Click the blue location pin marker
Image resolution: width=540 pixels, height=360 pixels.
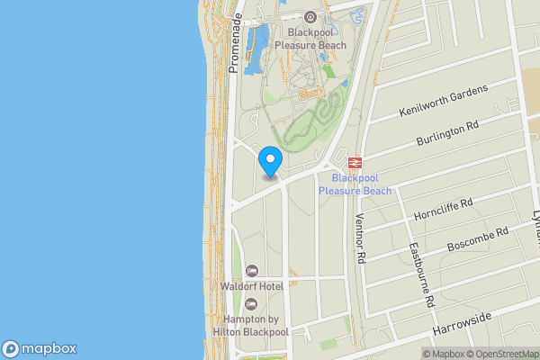pos(270,161)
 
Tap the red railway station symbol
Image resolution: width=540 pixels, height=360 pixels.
pos(355,163)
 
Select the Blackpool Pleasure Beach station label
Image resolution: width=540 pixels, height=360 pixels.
pos(355,184)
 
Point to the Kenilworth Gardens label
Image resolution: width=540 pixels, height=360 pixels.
pos(443,102)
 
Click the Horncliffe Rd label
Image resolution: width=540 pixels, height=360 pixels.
pos(443,211)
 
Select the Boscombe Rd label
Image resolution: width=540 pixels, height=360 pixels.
pos(477,238)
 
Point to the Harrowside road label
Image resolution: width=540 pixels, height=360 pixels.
pos(462,325)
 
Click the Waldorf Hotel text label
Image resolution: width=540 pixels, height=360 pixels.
pos(252,286)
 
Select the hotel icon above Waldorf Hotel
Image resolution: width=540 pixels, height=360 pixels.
pos(252,271)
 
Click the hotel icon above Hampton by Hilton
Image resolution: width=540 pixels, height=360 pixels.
pos(251,304)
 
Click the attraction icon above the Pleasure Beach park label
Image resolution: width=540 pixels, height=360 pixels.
pos(310,16)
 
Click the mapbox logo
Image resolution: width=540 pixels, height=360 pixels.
pos(40,348)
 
